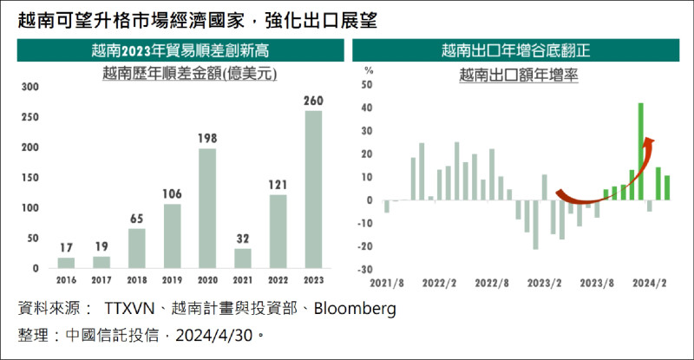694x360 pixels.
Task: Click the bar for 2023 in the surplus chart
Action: [x=313, y=189]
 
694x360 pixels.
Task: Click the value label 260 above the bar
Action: [x=313, y=101]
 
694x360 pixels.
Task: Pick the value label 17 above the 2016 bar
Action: [x=66, y=248]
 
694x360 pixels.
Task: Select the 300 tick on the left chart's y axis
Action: [x=30, y=88]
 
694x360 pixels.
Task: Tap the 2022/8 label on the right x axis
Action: [x=491, y=283]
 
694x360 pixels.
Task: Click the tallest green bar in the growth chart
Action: [x=640, y=151]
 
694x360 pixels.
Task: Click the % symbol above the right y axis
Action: [x=368, y=69]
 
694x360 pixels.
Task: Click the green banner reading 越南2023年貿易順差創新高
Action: [x=176, y=50]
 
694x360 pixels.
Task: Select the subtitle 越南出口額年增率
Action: [x=519, y=75]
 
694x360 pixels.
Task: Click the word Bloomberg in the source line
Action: [x=355, y=309]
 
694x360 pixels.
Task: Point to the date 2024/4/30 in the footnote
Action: [x=217, y=335]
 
